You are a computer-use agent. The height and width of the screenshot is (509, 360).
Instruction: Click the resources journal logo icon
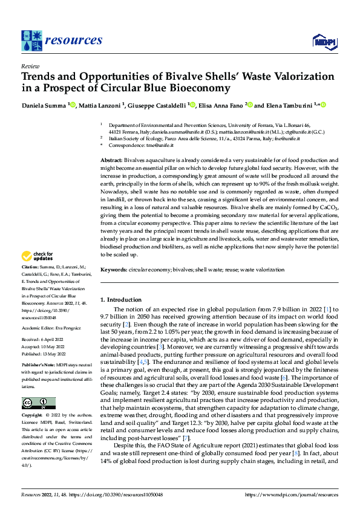(31, 41)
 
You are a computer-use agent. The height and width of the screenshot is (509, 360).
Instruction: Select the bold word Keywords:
(114, 270)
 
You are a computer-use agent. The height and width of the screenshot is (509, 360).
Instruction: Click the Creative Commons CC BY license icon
(38, 403)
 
